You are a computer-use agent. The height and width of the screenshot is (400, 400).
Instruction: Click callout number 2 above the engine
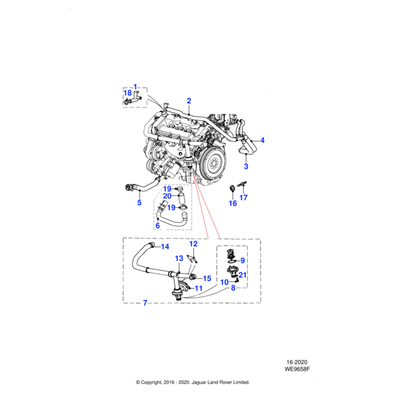189,101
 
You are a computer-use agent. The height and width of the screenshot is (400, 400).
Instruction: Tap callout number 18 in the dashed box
129,93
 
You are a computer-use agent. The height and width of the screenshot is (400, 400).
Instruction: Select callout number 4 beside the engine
262,141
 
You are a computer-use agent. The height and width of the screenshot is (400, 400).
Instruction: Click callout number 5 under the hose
139,203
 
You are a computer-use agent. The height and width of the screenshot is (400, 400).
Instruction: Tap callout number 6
157,227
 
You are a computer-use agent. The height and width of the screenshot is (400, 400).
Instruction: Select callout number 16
233,203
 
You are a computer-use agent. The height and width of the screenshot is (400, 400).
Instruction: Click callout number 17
243,197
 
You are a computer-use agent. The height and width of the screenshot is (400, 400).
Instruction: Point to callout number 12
193,244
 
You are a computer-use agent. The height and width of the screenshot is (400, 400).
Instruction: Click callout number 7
145,303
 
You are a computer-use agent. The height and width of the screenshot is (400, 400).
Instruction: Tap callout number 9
243,260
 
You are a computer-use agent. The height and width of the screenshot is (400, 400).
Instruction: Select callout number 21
243,275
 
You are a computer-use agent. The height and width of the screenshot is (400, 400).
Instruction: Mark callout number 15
207,278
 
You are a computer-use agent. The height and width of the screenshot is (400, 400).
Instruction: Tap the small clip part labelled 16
232,187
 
